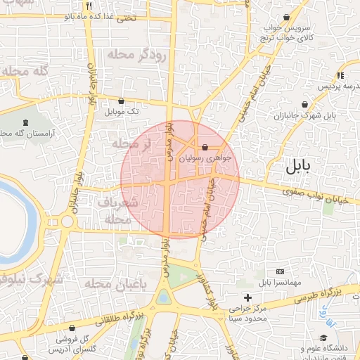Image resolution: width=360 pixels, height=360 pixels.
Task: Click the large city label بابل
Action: (x=302, y=167)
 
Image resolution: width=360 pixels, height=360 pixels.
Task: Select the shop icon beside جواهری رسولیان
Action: (x=204, y=148)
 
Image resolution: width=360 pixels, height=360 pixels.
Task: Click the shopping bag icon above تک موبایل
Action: (x=122, y=101)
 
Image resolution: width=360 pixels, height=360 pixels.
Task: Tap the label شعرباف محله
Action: (x=117, y=210)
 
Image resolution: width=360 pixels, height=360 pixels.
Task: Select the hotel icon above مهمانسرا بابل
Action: (x=281, y=271)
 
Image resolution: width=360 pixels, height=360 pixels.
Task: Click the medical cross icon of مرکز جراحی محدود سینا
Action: (x=247, y=297)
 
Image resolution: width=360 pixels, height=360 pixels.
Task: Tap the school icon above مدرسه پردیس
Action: (x=340, y=75)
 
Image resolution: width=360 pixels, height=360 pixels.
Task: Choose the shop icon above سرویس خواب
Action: (x=286, y=17)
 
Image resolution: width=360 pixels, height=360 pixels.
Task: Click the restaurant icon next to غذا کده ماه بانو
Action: (x=108, y=5)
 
